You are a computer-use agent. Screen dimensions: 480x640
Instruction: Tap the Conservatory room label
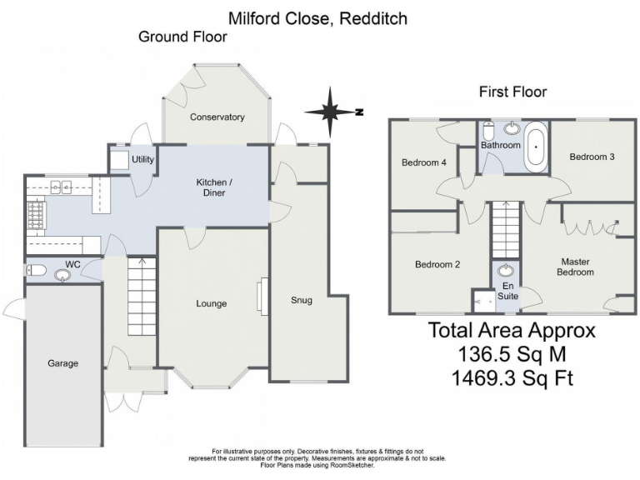217,117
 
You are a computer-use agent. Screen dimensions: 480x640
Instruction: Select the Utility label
143,159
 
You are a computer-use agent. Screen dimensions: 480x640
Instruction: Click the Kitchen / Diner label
210,187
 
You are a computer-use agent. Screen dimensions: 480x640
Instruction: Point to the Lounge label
211,303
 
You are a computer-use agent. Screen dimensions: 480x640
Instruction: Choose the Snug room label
301,300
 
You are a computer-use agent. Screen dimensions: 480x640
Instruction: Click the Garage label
62,363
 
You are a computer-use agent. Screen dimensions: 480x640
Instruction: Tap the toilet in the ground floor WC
36,270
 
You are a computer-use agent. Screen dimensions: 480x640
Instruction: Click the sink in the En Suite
506,271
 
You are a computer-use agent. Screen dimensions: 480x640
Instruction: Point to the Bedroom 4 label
424,162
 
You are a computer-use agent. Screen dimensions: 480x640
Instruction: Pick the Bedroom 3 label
592,157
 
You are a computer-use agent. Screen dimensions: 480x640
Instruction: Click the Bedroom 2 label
437,265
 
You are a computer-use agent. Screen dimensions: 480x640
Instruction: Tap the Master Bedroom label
575,267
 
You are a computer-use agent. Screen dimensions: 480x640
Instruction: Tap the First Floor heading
512,92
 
